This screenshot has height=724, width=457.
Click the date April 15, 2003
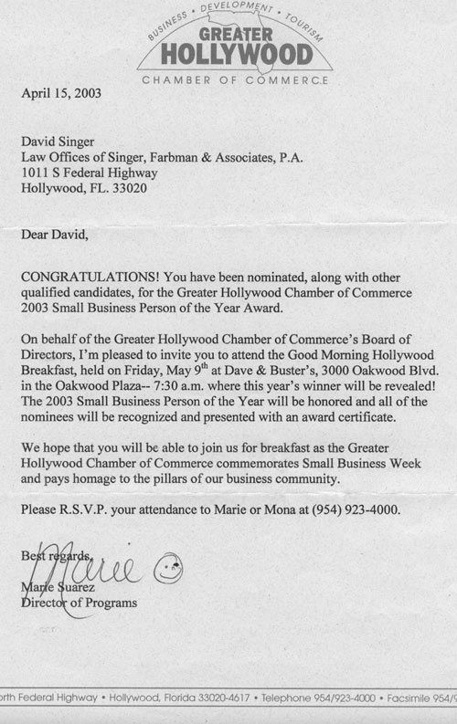pos(62,92)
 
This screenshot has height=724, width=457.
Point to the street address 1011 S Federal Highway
pos(89,173)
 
